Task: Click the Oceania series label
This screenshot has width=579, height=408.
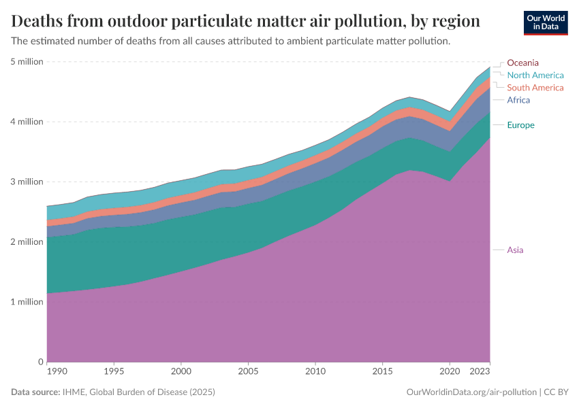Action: [x=522, y=63]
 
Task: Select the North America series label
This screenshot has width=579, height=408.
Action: [x=535, y=75]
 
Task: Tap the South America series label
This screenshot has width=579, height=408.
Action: [x=535, y=88]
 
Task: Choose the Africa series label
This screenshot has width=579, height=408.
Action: [x=518, y=100]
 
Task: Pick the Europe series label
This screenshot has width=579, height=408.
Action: [x=520, y=125]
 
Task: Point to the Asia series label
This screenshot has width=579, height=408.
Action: [x=515, y=250]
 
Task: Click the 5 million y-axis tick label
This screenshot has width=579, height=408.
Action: [x=27, y=62]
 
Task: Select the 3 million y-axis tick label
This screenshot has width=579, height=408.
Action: [x=27, y=182]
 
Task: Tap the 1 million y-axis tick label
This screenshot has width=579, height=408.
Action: [x=27, y=302]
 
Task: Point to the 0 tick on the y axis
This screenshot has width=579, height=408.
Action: [x=40, y=362]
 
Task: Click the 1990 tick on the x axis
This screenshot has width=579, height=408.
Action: [x=57, y=372]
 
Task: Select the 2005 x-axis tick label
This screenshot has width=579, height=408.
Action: [x=248, y=372]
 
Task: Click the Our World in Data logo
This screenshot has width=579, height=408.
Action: [x=546, y=22]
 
